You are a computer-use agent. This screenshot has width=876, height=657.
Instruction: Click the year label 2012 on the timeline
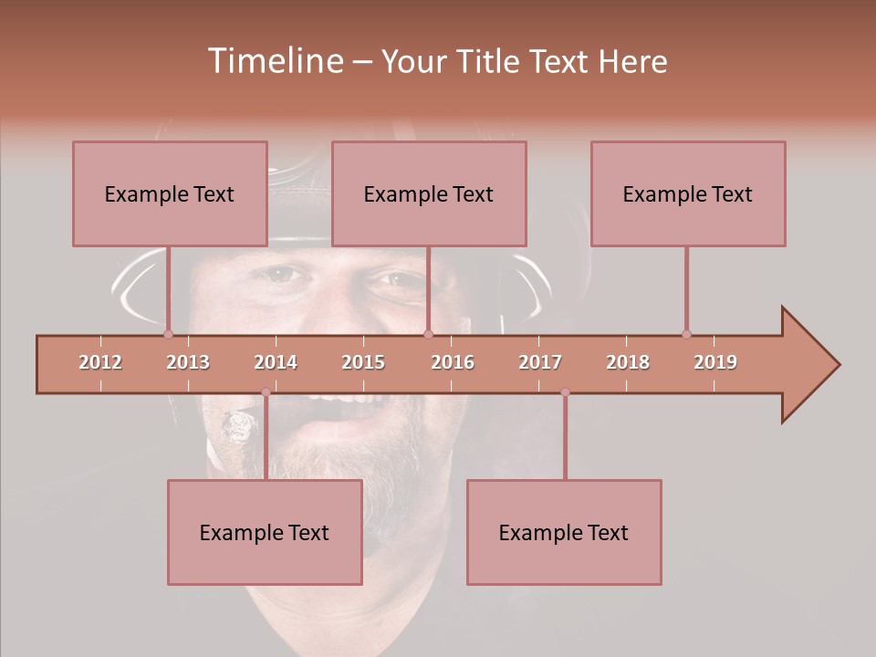point(100,362)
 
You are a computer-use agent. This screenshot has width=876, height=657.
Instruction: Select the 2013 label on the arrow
point(188,362)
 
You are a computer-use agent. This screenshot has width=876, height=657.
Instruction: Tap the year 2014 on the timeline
point(276,362)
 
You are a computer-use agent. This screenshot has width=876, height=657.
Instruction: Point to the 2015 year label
point(363,362)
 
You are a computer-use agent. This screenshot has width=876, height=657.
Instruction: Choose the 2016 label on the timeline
point(453,362)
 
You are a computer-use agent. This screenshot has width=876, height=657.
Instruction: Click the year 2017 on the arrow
point(540,362)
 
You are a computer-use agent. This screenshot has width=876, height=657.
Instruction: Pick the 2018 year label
point(628,362)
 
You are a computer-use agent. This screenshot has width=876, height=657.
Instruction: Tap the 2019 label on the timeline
point(715,362)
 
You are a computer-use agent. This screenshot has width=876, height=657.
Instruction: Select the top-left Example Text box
point(170,193)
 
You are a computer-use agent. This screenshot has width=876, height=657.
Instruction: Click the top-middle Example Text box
point(429,193)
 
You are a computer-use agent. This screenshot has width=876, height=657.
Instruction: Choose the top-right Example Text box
point(688,193)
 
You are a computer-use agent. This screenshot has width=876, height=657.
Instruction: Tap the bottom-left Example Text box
point(265,532)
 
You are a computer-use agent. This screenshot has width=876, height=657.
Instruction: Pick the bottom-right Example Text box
point(564,532)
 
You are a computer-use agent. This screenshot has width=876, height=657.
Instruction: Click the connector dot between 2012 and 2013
point(169,334)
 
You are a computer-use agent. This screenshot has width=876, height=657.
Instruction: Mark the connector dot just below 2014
point(266,392)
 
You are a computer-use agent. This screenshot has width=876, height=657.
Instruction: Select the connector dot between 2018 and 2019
point(686,334)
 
